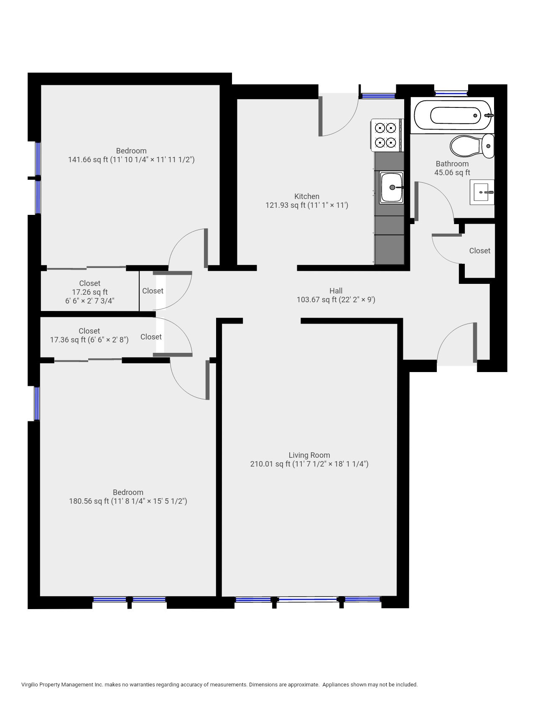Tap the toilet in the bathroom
(x=471, y=145)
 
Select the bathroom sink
(x=482, y=192)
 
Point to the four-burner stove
(x=386, y=135)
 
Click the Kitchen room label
(x=307, y=196)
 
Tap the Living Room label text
(x=309, y=455)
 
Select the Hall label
(x=336, y=291)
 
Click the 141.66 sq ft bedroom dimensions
(x=131, y=159)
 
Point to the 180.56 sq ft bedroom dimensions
(x=128, y=501)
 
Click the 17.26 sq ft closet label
(x=89, y=292)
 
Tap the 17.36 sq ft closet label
(x=89, y=339)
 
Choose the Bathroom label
(x=452, y=163)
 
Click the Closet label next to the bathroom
(x=479, y=250)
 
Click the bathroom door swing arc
(x=439, y=196)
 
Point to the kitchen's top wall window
(x=378, y=96)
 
